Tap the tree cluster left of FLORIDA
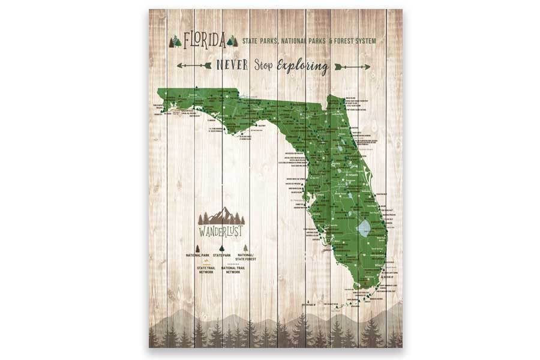click(x=175, y=41)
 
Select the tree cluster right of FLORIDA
click(x=232, y=41)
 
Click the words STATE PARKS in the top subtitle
click(x=262, y=41)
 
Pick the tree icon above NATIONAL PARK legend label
click(x=197, y=248)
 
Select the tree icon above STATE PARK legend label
click(x=221, y=248)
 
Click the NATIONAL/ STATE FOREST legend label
click(x=245, y=257)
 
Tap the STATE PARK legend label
click(x=221, y=255)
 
